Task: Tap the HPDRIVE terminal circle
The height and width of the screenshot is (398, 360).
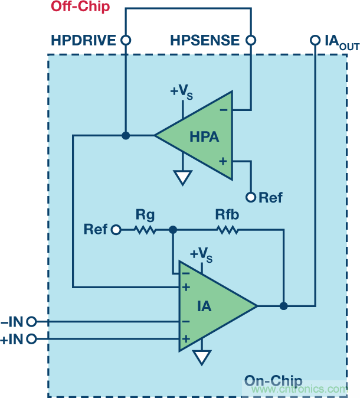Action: (x=125, y=40)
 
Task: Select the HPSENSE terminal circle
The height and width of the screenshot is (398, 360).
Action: (x=251, y=40)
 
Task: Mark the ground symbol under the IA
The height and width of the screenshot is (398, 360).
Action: (x=203, y=357)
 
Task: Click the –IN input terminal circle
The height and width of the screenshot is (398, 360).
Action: (x=32, y=322)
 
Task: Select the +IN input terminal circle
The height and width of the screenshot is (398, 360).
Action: (x=32, y=339)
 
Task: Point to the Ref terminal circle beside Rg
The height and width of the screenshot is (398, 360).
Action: (x=116, y=229)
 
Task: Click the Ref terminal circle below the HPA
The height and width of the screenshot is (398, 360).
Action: (x=251, y=197)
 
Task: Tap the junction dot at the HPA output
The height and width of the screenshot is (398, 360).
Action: (x=125, y=135)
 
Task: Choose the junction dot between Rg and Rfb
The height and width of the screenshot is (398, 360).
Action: (x=172, y=229)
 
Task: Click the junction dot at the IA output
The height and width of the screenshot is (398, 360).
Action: (x=284, y=306)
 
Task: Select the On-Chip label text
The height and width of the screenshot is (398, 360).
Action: (x=273, y=381)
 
